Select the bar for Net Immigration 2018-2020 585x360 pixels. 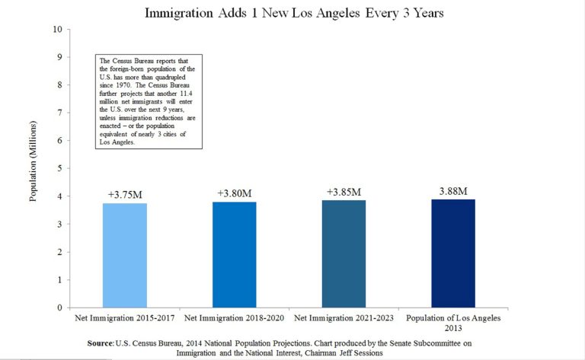pyautogui.click(x=235, y=254)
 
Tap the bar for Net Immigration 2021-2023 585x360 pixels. pyautogui.click(x=344, y=253)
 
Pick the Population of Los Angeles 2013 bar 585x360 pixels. pyautogui.click(x=453, y=253)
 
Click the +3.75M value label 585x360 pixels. pyautogui.click(x=125, y=194)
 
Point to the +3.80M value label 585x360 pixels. pyautogui.click(x=235, y=193)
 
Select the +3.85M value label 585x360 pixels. pyautogui.click(x=344, y=192)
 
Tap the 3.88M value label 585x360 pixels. pyautogui.click(x=453, y=190)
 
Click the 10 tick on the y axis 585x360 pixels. pyautogui.click(x=56, y=30)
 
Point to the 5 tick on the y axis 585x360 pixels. pyautogui.click(x=59, y=168)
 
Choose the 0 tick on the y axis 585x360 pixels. pyautogui.click(x=59, y=307)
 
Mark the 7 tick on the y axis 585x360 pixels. pyautogui.click(x=59, y=113)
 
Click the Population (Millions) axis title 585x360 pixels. pyautogui.click(x=33, y=168)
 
